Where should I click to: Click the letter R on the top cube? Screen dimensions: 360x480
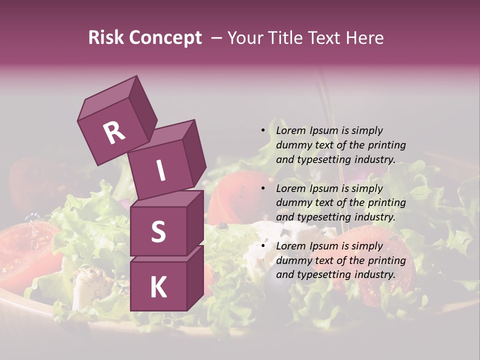pyautogui.click(x=114, y=133)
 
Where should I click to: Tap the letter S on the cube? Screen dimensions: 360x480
pyautogui.click(x=158, y=231)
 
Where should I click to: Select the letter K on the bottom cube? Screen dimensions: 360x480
pyautogui.click(x=158, y=287)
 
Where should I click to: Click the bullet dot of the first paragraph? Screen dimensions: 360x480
pyautogui.click(x=263, y=130)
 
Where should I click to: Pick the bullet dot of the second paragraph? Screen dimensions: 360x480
pyautogui.click(x=263, y=188)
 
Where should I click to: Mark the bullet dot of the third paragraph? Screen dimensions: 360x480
pyautogui.click(x=263, y=246)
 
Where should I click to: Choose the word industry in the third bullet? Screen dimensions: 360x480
pyautogui.click(x=374, y=274)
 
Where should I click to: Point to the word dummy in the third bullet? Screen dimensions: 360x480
pyautogui.click(x=293, y=260)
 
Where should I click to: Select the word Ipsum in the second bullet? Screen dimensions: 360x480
pyautogui.click(x=323, y=188)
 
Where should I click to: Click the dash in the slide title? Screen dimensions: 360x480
pyautogui.click(x=217, y=38)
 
